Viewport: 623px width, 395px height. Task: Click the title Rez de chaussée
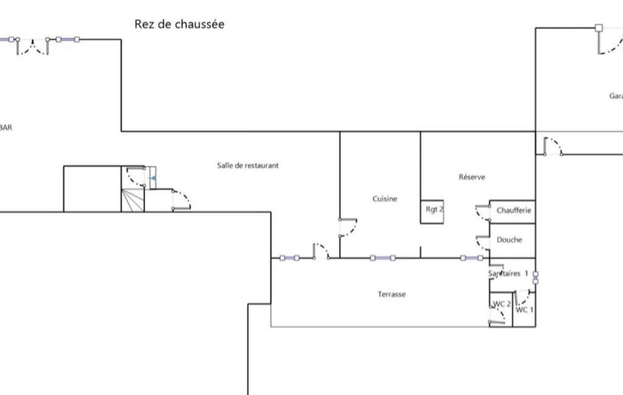click(179, 24)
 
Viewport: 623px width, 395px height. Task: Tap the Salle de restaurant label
click(248, 165)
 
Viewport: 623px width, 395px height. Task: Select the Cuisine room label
click(385, 199)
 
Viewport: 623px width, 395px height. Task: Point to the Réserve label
click(472, 177)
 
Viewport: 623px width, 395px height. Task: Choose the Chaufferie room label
click(514, 211)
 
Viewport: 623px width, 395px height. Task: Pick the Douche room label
click(509, 239)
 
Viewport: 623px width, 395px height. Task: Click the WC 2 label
click(501, 304)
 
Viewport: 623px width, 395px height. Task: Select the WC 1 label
click(525, 310)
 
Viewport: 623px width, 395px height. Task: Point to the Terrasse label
click(392, 294)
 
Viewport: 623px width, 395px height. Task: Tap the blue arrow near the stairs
click(153, 178)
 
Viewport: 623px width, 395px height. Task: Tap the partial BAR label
click(6, 128)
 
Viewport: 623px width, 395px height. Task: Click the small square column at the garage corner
click(599, 27)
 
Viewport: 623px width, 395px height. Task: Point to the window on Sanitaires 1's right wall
click(535, 278)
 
